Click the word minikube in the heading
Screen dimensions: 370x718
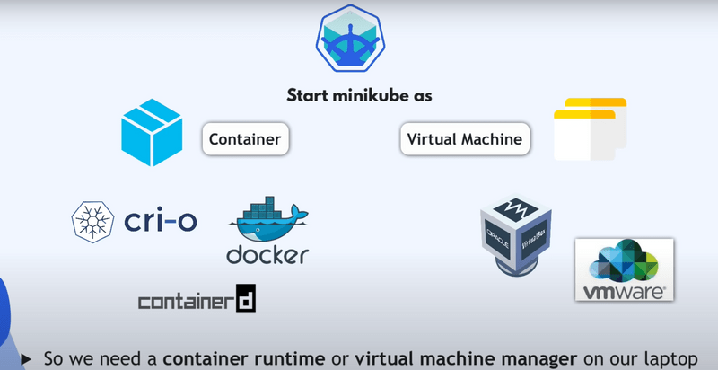coord(372,94)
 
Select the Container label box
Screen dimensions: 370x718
coord(245,139)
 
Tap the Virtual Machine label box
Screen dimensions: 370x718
coord(465,139)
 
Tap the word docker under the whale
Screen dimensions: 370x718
coord(267,254)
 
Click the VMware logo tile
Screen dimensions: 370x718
coord(625,269)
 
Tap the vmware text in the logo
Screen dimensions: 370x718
coord(624,292)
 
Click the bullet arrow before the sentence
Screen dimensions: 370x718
coord(25,358)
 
